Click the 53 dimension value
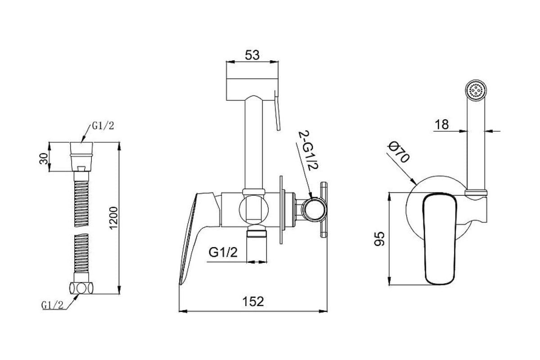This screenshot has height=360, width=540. click(x=252, y=55)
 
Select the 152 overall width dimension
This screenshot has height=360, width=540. click(x=253, y=301)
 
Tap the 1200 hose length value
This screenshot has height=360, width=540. click(x=113, y=218)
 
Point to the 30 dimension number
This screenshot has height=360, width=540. click(x=44, y=159)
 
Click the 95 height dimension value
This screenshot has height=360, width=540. click(x=379, y=238)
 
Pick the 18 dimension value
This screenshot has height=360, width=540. click(x=441, y=125)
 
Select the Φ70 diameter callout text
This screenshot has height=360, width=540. click(x=399, y=152)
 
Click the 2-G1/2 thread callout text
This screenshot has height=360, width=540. click(x=309, y=150)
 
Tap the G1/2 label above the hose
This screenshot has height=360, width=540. click(x=103, y=126)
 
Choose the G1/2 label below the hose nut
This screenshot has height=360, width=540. click(x=52, y=305)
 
